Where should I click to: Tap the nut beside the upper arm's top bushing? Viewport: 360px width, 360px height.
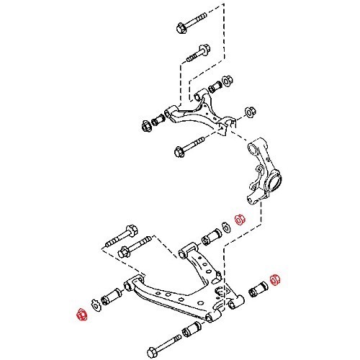pos(227,81)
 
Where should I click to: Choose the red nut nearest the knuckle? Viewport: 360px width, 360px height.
pos(243,219)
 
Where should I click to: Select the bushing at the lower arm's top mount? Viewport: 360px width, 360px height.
pos(214,235)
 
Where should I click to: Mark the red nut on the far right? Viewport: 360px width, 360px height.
pos(274,279)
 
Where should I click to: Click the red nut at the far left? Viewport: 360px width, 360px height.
pos(81,313)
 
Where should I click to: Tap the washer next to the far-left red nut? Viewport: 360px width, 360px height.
pos(94,305)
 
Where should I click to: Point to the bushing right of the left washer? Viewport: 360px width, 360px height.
pos(112,296)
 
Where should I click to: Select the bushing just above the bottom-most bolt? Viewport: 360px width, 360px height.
pos(191,330)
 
